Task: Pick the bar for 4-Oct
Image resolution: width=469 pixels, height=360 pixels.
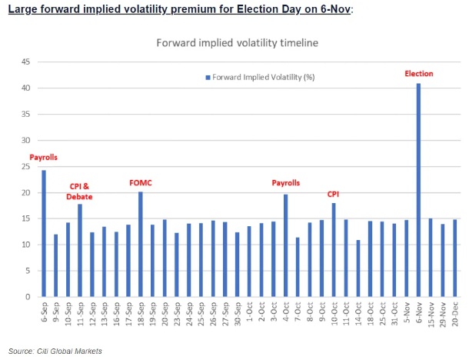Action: pos(285,245)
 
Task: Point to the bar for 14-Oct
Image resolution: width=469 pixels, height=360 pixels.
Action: pos(358,268)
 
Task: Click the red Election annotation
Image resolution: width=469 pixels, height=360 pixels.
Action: pos(419,74)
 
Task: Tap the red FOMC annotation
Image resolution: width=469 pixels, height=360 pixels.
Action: pos(141,183)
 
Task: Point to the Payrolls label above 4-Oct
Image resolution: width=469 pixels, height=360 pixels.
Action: pos(286,183)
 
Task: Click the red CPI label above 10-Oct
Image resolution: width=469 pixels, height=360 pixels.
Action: pos(334,195)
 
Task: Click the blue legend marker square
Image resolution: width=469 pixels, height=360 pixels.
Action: pos(207,77)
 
